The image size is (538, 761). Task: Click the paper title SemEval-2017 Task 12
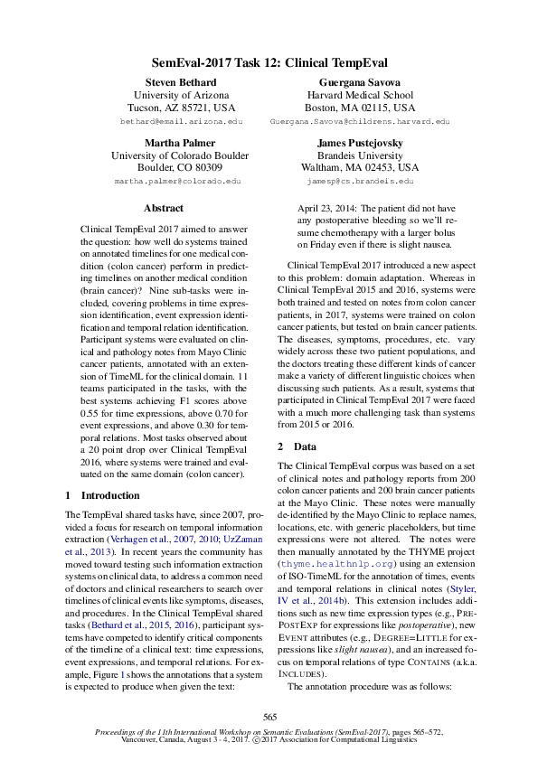269,63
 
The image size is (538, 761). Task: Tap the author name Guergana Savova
359,82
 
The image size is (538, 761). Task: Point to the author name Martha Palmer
178,143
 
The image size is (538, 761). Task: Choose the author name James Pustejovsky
359,143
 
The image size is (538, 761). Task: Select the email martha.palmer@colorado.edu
178,181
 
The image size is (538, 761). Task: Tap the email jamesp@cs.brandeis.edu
359,181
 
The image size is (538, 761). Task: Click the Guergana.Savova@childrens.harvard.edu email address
359,120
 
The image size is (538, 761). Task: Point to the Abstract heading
164,208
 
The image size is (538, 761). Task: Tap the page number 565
269,716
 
